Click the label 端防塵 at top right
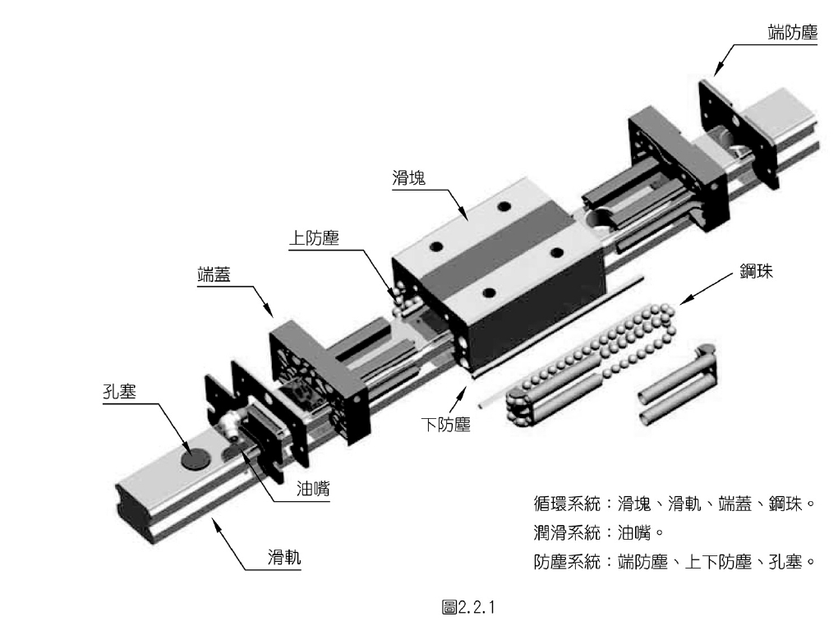coord(788,31)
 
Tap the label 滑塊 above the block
coord(408,177)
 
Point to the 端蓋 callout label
coord(213,274)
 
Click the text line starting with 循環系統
coord(673,503)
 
